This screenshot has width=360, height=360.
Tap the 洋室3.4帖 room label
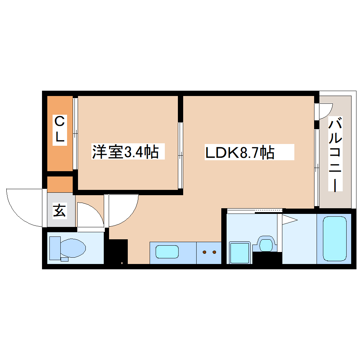[125, 152]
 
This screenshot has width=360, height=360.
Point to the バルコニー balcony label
[336, 155]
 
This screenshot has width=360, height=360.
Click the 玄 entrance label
[60, 211]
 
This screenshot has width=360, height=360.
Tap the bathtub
[334, 238]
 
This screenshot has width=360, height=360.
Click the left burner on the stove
[204, 252]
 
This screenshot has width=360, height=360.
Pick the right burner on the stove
[214, 252]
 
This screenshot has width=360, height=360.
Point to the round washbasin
[266, 243]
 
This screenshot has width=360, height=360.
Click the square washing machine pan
[240, 252]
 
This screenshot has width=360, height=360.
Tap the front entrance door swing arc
[25, 208]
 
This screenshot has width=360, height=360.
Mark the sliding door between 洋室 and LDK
[181, 155]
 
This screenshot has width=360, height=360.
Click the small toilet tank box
[64, 259]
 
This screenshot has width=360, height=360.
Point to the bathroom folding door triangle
[289, 220]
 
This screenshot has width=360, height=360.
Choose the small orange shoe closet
[60, 184]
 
